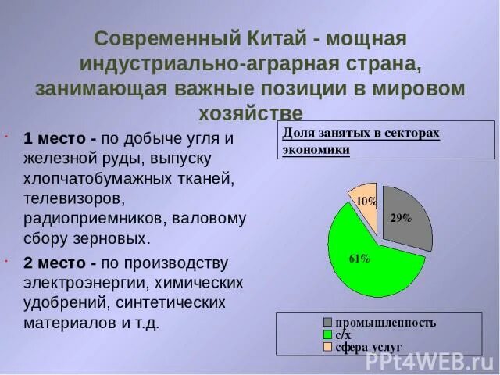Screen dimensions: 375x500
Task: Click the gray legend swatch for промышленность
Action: click(328, 322)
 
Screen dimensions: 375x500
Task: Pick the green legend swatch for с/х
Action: click(328, 334)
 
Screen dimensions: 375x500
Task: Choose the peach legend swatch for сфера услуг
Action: click(328, 345)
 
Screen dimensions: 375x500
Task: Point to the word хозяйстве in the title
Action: click(250, 111)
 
